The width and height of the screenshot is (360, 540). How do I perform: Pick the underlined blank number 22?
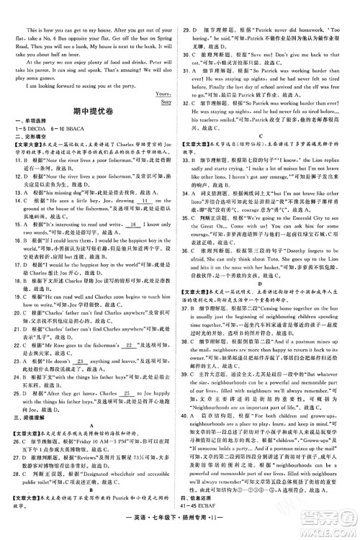[130, 367]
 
